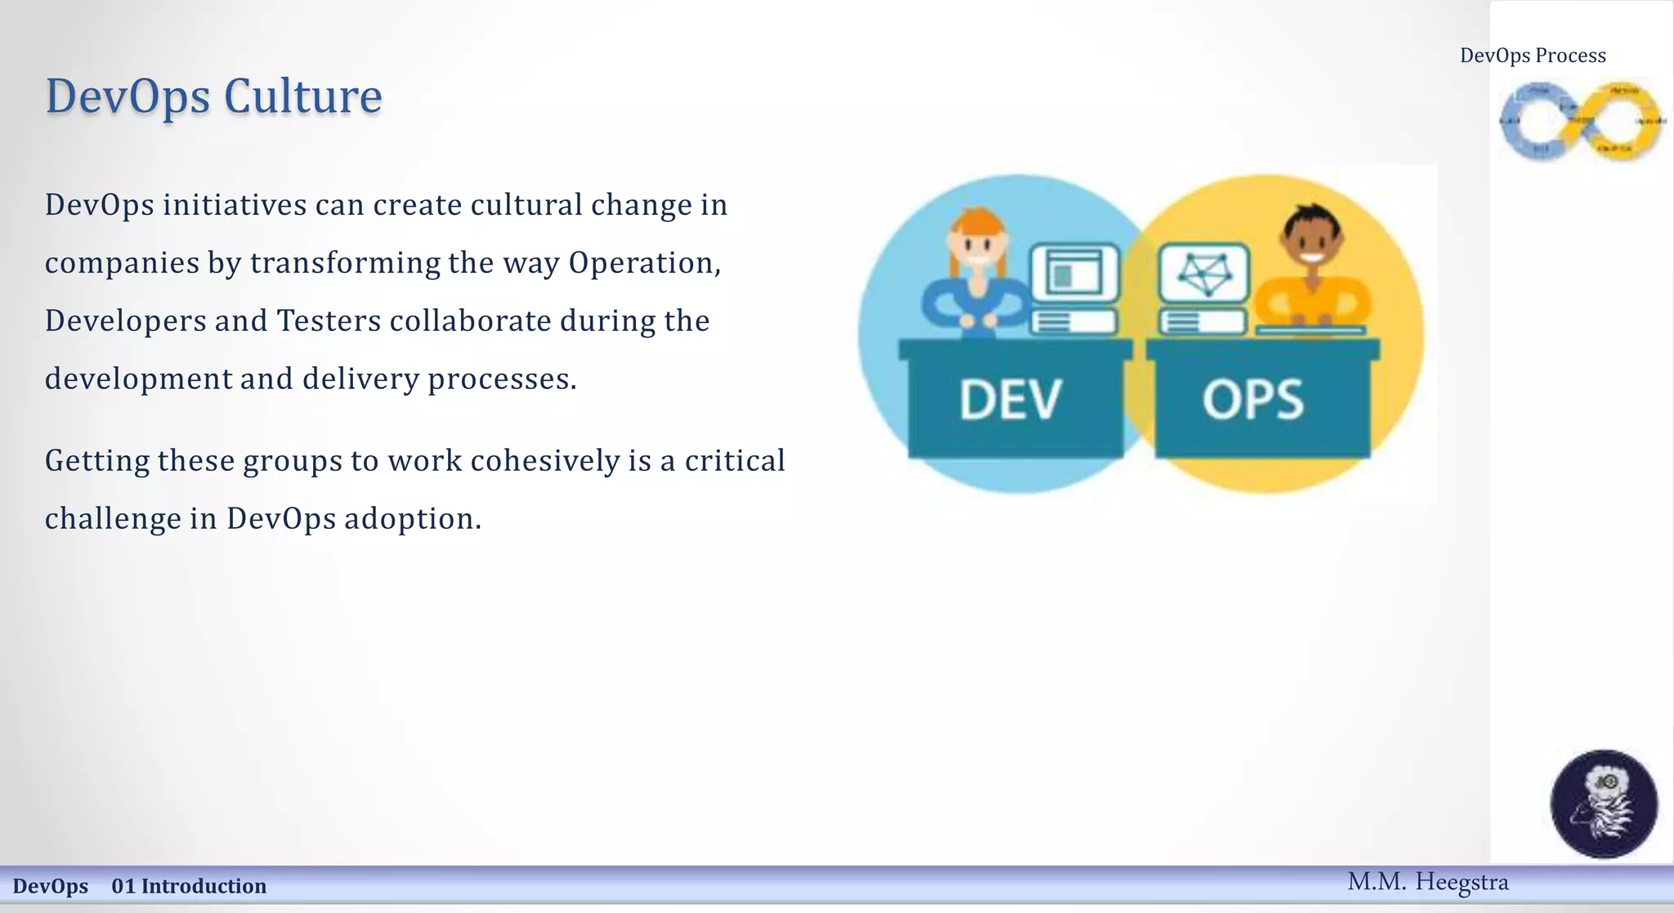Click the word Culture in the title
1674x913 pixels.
[x=302, y=96]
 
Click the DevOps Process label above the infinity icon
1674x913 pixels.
[x=1533, y=56]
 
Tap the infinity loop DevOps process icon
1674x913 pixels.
[x=1581, y=122]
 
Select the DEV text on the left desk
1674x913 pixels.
[x=1010, y=400]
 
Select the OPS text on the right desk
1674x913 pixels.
[x=1253, y=400]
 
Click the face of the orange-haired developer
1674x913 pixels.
[x=977, y=245]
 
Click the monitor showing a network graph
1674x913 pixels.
[x=1204, y=273]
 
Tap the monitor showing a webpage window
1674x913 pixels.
[x=1074, y=273]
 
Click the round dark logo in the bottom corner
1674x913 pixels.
[x=1604, y=803]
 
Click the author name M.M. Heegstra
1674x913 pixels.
[x=1427, y=882]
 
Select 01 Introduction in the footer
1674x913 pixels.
[x=189, y=886]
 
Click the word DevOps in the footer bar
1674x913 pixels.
[x=50, y=886]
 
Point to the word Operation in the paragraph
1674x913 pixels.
[x=644, y=263]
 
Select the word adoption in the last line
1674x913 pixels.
[x=412, y=519]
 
